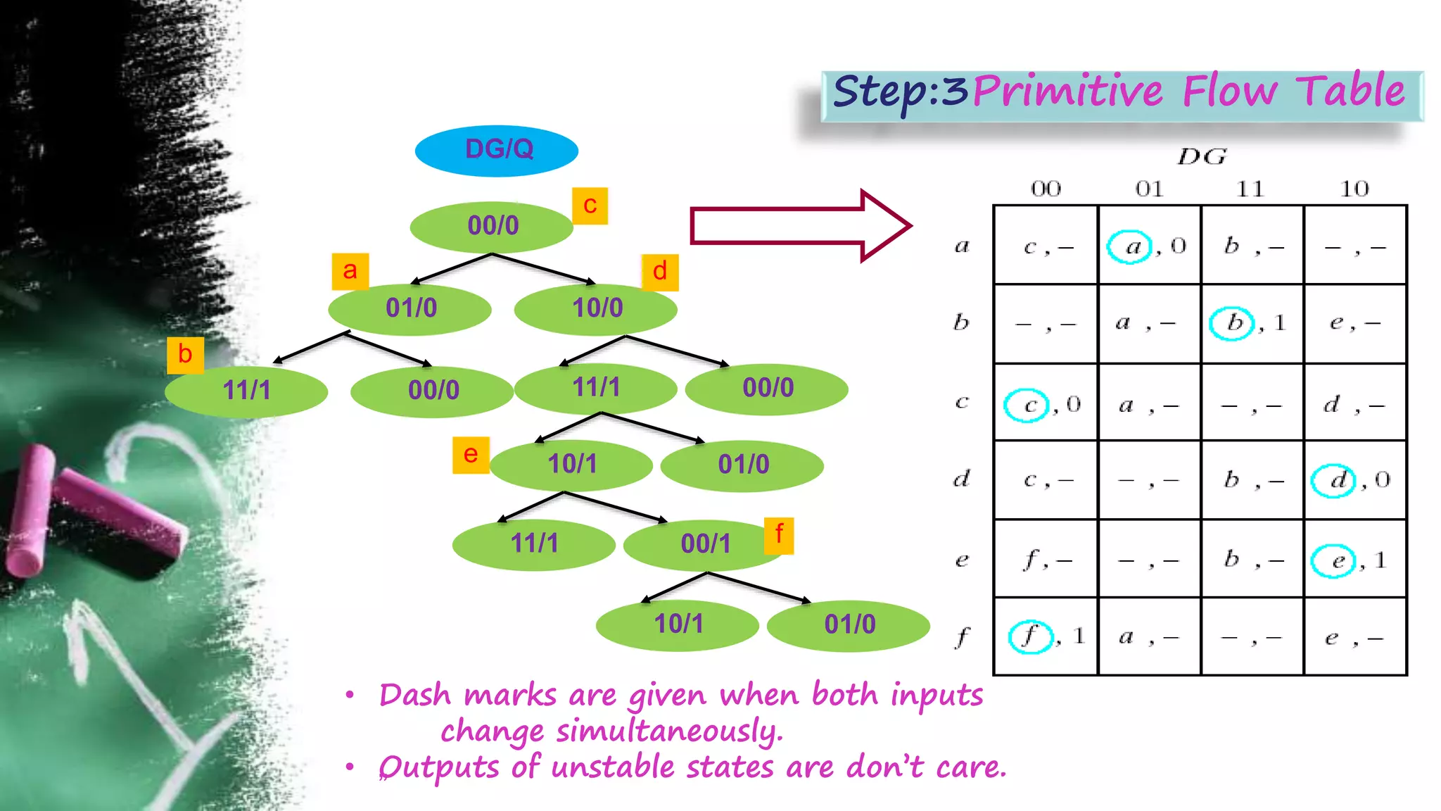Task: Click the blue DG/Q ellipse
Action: click(x=497, y=151)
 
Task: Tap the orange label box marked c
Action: click(x=590, y=206)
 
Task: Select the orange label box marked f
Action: click(x=779, y=535)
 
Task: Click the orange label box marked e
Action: click(x=471, y=455)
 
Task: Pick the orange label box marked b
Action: click(x=185, y=355)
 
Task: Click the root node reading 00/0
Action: click(x=492, y=226)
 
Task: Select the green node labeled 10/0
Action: click(x=596, y=308)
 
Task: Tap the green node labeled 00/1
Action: click(x=705, y=544)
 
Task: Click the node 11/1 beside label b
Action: click(x=246, y=391)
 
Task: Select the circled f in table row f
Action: click(x=1030, y=636)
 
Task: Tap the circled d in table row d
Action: click(x=1333, y=481)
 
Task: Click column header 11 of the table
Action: click(x=1250, y=189)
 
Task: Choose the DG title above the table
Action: click(x=1202, y=156)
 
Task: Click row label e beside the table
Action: click(x=962, y=560)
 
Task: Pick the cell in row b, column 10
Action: click(x=1354, y=323)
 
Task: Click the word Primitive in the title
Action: click(x=1068, y=92)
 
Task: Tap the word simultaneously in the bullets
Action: click(x=668, y=731)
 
